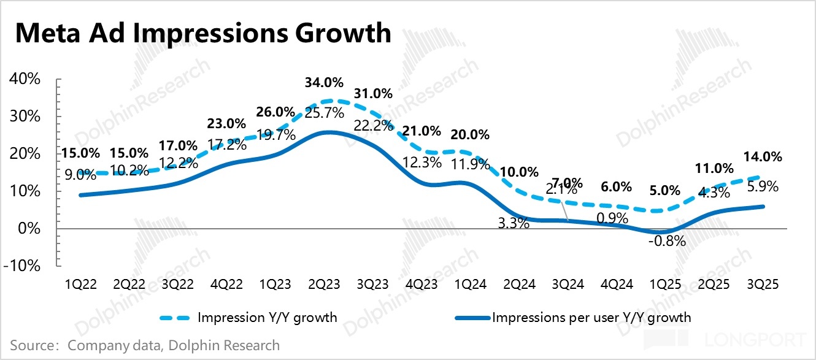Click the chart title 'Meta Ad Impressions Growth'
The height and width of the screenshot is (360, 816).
(x=203, y=33)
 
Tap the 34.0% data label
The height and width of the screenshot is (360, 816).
(x=324, y=83)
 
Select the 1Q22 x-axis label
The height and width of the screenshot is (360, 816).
(x=80, y=286)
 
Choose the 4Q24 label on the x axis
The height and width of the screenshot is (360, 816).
(x=617, y=286)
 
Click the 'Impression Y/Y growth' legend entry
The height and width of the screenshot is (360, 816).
(x=268, y=318)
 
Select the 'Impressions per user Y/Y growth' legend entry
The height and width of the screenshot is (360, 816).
(x=591, y=318)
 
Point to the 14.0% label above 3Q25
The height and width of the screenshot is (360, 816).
(x=763, y=157)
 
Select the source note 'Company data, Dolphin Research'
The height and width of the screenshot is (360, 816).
(x=174, y=345)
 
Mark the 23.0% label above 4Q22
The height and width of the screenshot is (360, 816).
(x=226, y=123)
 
